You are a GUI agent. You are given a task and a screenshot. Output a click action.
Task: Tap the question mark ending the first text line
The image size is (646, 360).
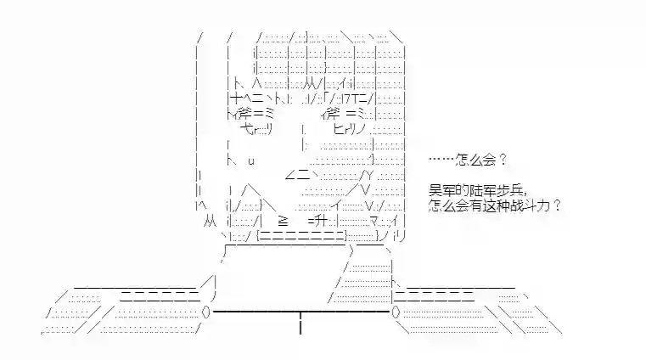coord(503,160)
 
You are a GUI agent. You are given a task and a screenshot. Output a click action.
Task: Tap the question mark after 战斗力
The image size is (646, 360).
coord(557,205)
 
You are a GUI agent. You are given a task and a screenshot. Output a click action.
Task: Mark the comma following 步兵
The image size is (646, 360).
coord(525,194)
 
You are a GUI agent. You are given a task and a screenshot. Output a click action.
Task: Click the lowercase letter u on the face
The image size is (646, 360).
coord(251,160)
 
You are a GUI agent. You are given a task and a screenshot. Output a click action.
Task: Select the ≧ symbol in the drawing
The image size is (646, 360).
coord(283,222)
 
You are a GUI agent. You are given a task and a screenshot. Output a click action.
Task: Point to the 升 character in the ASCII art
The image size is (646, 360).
coord(321,221)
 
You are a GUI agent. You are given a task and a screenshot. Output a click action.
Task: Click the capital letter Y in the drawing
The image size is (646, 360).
coord(369,176)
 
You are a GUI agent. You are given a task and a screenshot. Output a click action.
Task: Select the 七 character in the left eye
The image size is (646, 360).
coord(246,129)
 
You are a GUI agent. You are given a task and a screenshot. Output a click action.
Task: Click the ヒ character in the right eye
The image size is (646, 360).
coord(339,129)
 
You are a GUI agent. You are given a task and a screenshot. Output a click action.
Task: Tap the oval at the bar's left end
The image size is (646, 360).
coord(206,312)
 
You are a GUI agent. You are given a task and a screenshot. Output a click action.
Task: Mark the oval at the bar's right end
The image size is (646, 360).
coord(396,312)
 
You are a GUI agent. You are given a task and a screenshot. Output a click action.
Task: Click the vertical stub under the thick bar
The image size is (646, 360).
coord(301,323)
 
